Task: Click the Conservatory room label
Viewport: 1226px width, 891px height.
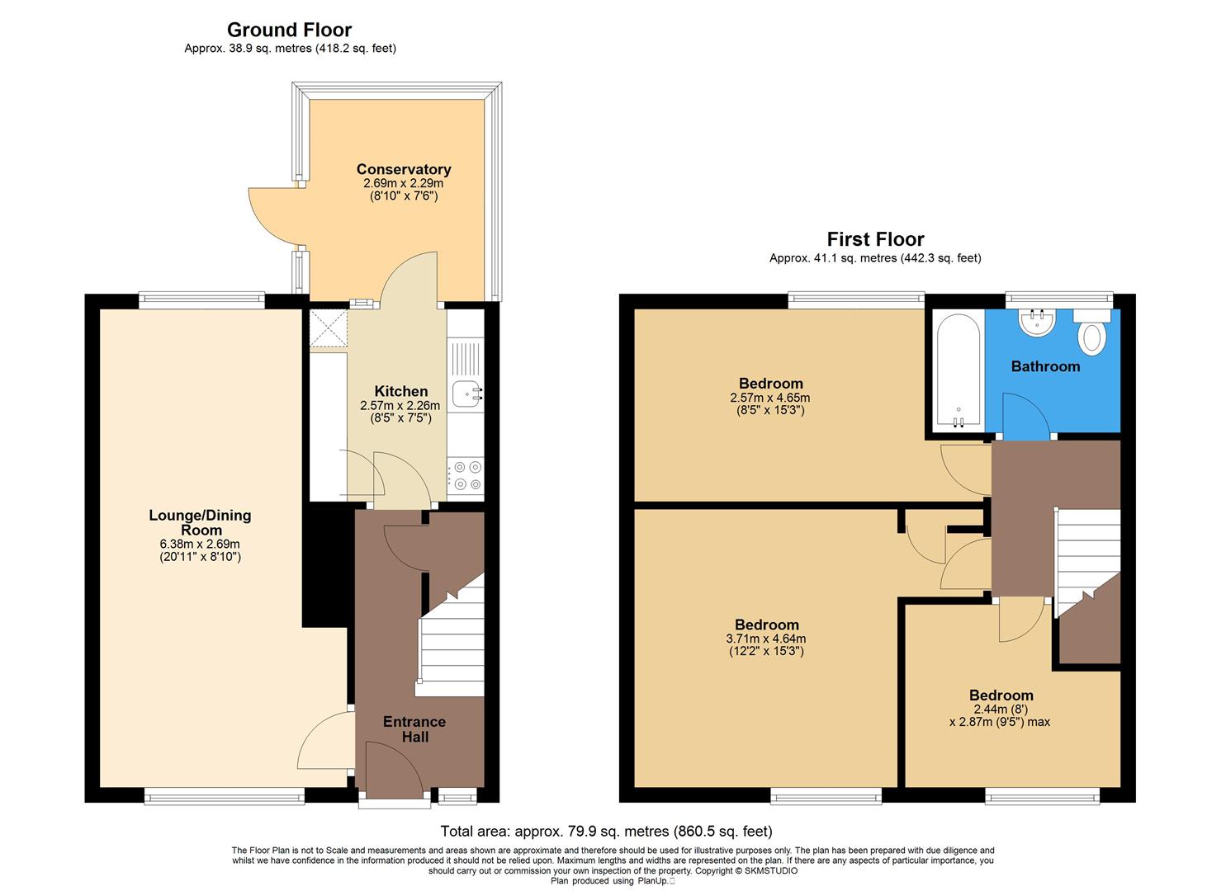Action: click(x=403, y=169)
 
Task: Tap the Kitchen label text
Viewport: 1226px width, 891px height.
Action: click(x=401, y=391)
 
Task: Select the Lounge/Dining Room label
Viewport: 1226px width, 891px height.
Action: click(x=200, y=522)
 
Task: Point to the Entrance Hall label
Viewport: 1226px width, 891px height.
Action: click(x=414, y=728)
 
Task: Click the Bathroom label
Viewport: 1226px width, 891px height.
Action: click(x=1045, y=366)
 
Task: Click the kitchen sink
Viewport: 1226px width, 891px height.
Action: click(x=466, y=394)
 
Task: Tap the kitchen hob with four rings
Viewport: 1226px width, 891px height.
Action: click(x=466, y=476)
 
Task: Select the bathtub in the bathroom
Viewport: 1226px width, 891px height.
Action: click(x=959, y=370)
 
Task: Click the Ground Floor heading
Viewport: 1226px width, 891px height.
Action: click(x=289, y=31)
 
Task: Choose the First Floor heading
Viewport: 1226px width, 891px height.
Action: click(x=875, y=239)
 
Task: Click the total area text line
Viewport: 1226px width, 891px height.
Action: click(x=606, y=831)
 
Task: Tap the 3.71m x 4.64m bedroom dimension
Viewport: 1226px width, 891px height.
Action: click(x=765, y=639)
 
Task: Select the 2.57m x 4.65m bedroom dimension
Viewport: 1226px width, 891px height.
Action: click(x=770, y=398)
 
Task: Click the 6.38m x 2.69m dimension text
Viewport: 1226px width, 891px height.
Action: click(x=200, y=544)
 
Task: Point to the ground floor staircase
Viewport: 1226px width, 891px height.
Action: click(x=452, y=639)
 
